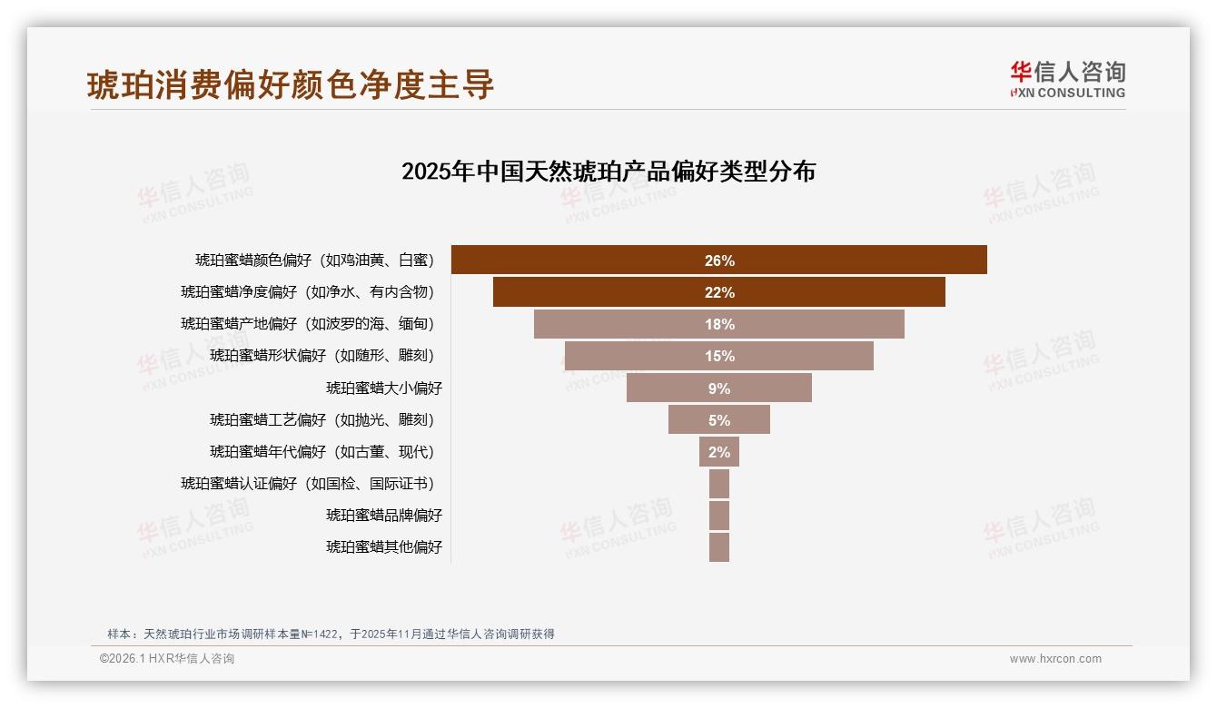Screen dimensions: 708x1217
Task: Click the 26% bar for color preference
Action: tap(718, 260)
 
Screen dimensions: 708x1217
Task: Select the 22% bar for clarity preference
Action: tap(718, 292)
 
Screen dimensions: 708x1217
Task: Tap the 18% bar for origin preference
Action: tap(718, 324)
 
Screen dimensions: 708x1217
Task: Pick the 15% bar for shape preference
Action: tap(718, 356)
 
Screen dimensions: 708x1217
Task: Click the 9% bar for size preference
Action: tap(718, 388)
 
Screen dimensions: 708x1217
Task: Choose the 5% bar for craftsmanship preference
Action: tap(718, 419)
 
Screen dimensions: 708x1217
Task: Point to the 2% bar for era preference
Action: tap(718, 451)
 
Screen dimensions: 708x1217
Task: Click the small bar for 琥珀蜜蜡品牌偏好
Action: tap(718, 516)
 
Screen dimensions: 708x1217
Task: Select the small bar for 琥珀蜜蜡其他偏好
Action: tap(718, 547)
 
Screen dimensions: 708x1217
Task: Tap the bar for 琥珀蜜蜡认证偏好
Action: tap(718, 484)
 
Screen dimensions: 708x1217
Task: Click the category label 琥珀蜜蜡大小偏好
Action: tap(384, 388)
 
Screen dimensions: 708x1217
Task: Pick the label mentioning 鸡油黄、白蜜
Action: tap(315, 261)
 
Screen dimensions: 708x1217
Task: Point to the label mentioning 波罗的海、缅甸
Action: tap(308, 324)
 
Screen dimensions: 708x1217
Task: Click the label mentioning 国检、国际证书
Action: tap(308, 484)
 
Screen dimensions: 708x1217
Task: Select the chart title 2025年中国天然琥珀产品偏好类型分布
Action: tap(608, 172)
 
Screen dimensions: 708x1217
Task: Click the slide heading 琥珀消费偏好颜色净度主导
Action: tap(291, 84)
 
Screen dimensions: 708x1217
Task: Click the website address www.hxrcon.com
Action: tap(1055, 659)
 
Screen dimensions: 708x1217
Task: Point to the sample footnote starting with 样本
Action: tap(331, 634)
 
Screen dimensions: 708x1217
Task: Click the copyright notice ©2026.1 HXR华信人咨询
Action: tap(167, 659)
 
